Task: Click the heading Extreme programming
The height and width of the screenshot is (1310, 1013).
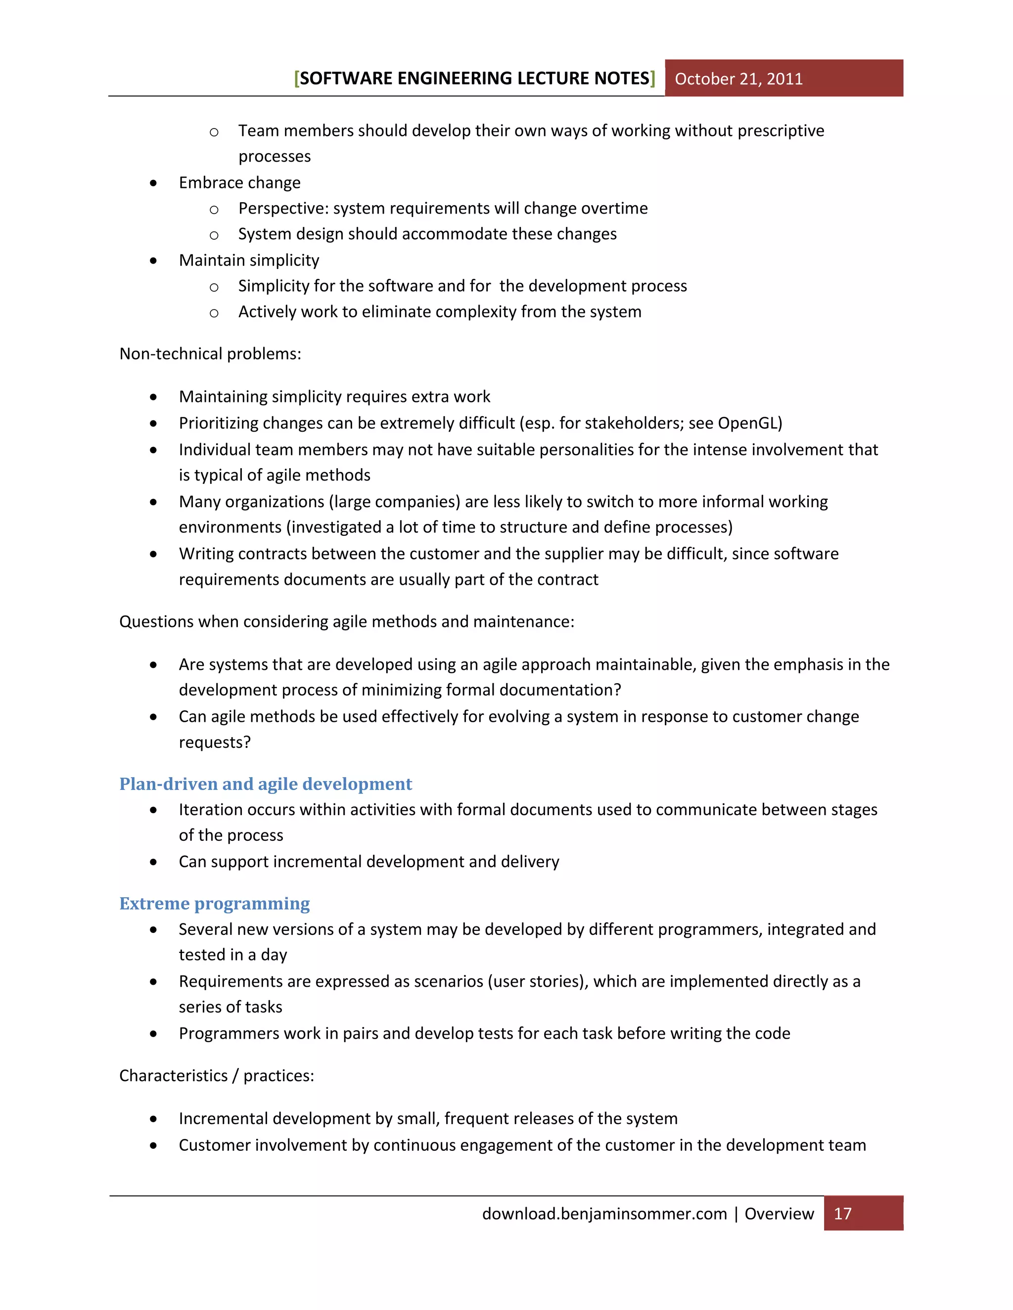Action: coord(214,903)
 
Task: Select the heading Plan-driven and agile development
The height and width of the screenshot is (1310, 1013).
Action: coord(265,784)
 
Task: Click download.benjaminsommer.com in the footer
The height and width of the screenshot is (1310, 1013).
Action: coord(604,1214)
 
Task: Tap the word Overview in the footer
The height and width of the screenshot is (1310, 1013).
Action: coord(779,1214)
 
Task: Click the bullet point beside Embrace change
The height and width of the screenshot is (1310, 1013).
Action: coord(154,183)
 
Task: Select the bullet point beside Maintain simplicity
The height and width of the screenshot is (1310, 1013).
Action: coord(154,261)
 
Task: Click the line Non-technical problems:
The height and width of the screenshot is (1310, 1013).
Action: coord(210,354)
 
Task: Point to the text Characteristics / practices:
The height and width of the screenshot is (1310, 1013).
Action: coord(216,1076)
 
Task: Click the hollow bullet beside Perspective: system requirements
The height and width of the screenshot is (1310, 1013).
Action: coord(214,209)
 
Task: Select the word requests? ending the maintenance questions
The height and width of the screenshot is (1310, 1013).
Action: coord(214,742)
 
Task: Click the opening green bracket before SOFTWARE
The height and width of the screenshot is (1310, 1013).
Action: coord(296,79)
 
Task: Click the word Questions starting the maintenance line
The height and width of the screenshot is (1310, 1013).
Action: coord(156,621)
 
